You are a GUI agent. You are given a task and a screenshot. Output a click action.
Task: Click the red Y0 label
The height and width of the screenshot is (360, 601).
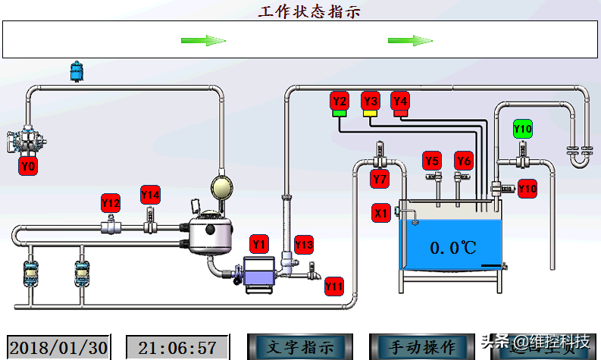click(28, 166)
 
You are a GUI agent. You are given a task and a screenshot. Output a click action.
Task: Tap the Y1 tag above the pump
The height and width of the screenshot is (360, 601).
click(259, 244)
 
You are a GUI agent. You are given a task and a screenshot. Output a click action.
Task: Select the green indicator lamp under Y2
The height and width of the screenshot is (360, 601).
click(340, 114)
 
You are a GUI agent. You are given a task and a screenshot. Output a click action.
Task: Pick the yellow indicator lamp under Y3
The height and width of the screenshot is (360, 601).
click(370, 114)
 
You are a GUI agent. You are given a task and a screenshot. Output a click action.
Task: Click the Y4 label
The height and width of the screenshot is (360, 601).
click(400, 100)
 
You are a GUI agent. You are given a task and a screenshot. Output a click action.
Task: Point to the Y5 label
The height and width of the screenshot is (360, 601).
click(432, 161)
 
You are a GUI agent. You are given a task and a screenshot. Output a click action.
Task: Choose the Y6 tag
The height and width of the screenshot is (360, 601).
click(464, 161)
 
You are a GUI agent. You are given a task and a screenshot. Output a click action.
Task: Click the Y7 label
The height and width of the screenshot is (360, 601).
click(380, 180)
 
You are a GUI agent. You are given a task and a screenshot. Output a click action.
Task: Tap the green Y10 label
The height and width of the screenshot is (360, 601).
click(523, 129)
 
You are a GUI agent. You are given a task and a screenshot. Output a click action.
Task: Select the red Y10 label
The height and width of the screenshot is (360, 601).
click(527, 188)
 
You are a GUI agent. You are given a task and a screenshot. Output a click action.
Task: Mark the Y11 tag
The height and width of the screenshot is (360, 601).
click(334, 286)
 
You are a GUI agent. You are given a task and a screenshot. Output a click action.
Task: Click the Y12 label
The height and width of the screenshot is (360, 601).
click(111, 203)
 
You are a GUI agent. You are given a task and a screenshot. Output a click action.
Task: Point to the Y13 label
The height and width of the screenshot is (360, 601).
click(304, 244)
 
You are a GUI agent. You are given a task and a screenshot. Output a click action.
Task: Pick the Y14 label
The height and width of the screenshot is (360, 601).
click(150, 195)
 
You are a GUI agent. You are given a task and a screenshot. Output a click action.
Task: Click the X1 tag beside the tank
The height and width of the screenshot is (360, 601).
click(381, 213)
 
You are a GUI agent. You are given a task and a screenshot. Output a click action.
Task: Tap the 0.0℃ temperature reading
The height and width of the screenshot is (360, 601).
click(452, 248)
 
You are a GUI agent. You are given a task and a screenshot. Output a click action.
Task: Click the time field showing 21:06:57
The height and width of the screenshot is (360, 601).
click(177, 348)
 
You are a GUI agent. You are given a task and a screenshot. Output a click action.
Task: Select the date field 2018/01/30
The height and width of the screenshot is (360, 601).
click(59, 348)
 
